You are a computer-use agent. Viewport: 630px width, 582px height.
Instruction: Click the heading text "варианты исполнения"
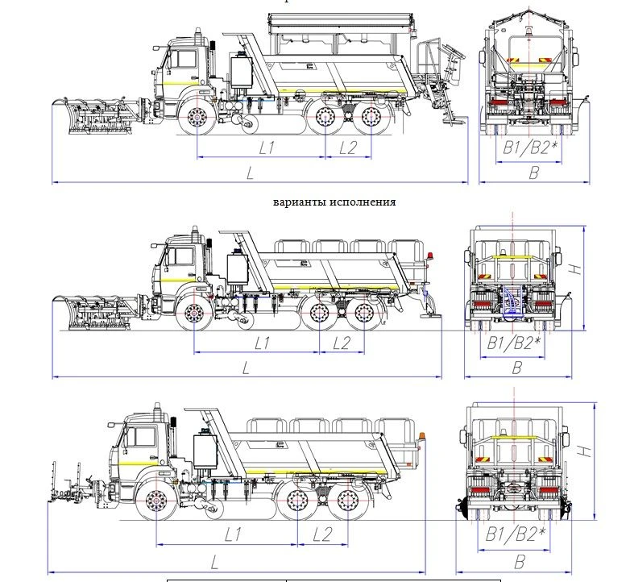pos(334,202)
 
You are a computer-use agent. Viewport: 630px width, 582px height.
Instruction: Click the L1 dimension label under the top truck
pos(267,147)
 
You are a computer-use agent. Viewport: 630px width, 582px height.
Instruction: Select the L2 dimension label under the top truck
pos(347,147)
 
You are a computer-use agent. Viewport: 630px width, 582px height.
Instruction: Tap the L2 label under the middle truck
pos(342,343)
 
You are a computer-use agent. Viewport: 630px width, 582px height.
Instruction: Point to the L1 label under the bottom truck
pos(234,534)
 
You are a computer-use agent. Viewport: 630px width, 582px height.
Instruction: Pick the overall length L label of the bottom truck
pos(216,562)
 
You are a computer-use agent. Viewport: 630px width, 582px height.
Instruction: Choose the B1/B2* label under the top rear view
pos(528,147)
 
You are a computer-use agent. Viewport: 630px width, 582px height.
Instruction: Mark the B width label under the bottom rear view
pos(520,562)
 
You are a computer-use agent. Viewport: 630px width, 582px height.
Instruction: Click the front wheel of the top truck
pos(197,118)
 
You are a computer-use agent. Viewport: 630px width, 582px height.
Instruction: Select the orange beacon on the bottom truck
pos(420,438)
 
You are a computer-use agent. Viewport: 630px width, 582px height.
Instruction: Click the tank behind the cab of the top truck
pos(240,70)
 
